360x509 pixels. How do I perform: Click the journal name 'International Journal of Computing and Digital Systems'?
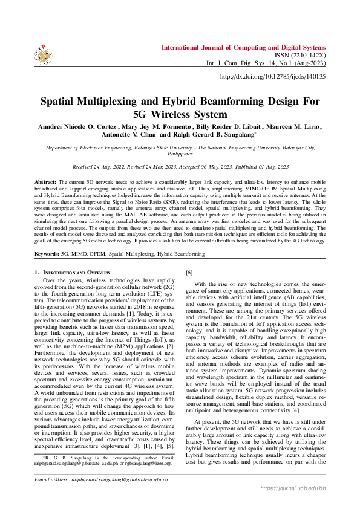tap(243, 31)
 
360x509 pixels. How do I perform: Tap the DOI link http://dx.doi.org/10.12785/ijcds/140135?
tap(272, 77)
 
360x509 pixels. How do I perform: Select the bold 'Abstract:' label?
tap(45, 182)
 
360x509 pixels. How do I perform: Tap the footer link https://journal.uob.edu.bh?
tap(293, 504)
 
